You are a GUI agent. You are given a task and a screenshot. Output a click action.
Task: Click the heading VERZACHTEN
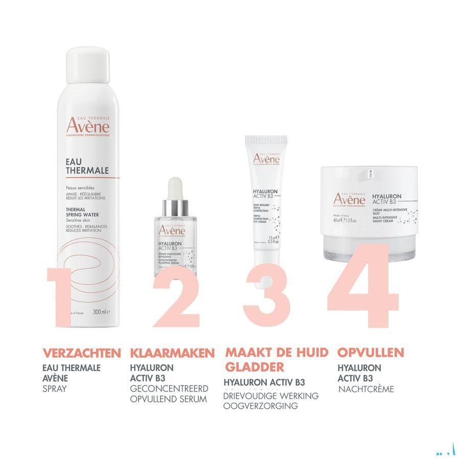point(82,353)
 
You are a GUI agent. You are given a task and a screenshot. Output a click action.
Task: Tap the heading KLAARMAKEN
point(172,353)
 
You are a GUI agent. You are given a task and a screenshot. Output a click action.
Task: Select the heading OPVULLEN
point(371,353)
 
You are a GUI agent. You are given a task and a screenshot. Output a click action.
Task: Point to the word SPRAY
point(55,389)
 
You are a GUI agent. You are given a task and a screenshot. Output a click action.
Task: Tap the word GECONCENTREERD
point(168,389)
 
